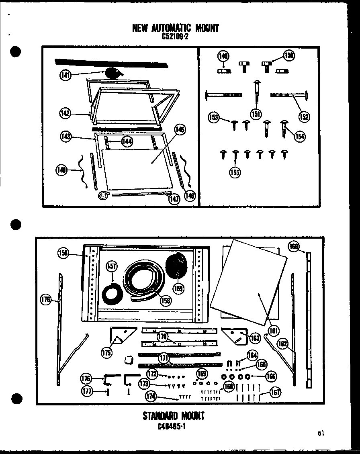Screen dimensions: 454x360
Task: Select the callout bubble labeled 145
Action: click(180, 129)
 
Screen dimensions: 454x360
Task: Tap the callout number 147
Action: click(174, 199)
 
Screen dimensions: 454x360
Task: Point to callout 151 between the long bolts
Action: click(256, 114)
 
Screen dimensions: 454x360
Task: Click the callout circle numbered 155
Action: click(235, 173)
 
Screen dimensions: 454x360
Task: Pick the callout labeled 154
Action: click(299, 136)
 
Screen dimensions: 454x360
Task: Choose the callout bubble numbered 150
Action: click(288, 56)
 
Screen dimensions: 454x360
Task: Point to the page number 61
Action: click(320, 433)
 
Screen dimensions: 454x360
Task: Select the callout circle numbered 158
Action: click(164, 300)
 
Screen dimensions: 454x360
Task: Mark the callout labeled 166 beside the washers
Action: click(271, 376)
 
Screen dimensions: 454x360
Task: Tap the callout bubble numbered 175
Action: click(106, 353)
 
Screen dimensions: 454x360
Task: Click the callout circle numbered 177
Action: click(88, 391)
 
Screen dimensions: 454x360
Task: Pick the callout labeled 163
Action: click(255, 338)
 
